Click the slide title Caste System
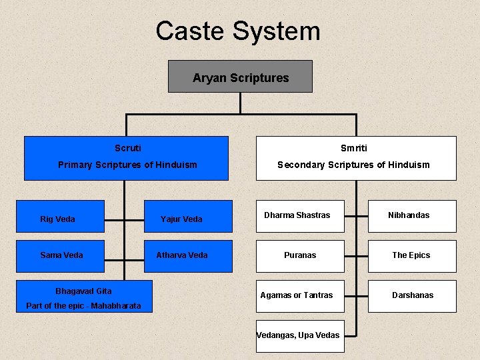click(x=238, y=31)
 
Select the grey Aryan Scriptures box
click(x=240, y=77)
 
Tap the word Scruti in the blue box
click(x=128, y=148)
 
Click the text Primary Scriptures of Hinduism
click(x=127, y=165)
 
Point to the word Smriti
click(x=353, y=148)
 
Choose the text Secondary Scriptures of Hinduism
click(x=353, y=165)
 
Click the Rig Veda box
click(x=60, y=217)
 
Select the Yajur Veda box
click(x=188, y=217)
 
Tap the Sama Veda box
click(x=60, y=256)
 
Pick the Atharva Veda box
click(x=188, y=256)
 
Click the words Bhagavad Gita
click(x=83, y=291)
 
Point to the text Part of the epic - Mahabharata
click(x=83, y=306)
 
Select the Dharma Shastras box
click(x=300, y=216)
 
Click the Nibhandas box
click(x=411, y=216)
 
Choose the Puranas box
click(x=300, y=256)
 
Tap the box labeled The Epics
click(x=411, y=256)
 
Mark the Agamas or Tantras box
click(x=300, y=295)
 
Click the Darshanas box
click(x=411, y=295)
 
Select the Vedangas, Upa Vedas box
click(x=300, y=335)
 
